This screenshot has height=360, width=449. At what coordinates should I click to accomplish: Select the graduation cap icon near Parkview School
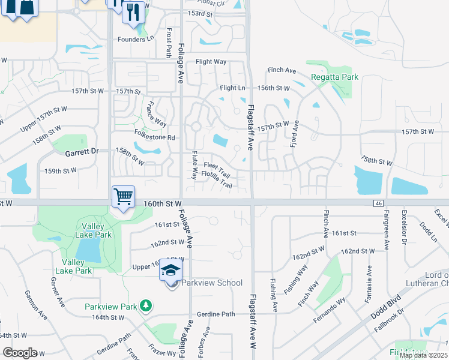[x=171, y=271]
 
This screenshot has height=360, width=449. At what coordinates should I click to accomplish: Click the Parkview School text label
[x=212, y=283]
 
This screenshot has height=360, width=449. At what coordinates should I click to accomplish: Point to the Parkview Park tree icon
[x=145, y=306]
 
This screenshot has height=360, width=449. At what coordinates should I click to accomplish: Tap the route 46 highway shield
[x=378, y=205]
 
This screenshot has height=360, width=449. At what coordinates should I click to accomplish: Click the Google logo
[x=20, y=353]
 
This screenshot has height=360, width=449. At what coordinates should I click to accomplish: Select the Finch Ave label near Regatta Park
[x=282, y=71]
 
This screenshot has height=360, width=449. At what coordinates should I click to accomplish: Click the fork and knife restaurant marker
[x=133, y=11]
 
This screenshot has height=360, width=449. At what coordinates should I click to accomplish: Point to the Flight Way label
[x=211, y=62]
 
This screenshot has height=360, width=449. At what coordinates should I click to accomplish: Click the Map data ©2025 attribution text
[x=423, y=355]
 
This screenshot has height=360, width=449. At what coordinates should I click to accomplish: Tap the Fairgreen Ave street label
[x=386, y=237]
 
